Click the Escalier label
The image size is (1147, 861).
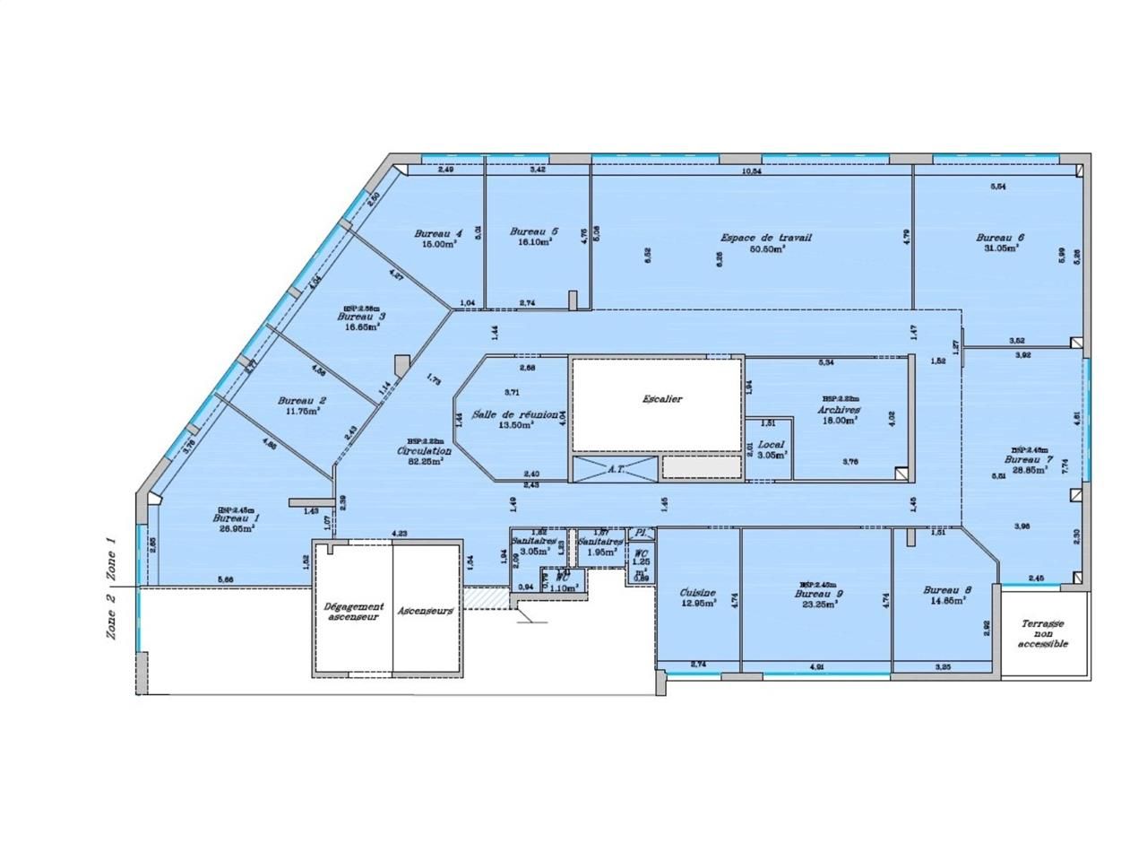[x=662, y=398]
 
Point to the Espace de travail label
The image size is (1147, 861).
[x=766, y=238]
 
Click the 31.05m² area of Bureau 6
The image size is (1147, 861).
[x=999, y=248]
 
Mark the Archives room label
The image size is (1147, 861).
[x=839, y=409]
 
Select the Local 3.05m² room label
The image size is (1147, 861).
[x=772, y=444]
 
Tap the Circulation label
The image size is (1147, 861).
[x=424, y=451]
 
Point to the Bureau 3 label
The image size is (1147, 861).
[x=361, y=317]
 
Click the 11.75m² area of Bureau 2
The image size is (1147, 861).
[x=303, y=412]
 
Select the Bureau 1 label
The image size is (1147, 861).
[x=236, y=518]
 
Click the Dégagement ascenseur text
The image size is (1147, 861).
[x=354, y=611]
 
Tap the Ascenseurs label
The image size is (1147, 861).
[x=427, y=611]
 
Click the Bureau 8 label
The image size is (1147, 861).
[x=946, y=590]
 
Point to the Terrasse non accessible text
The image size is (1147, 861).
[x=1043, y=632]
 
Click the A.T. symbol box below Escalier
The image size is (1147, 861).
[x=615, y=467]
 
